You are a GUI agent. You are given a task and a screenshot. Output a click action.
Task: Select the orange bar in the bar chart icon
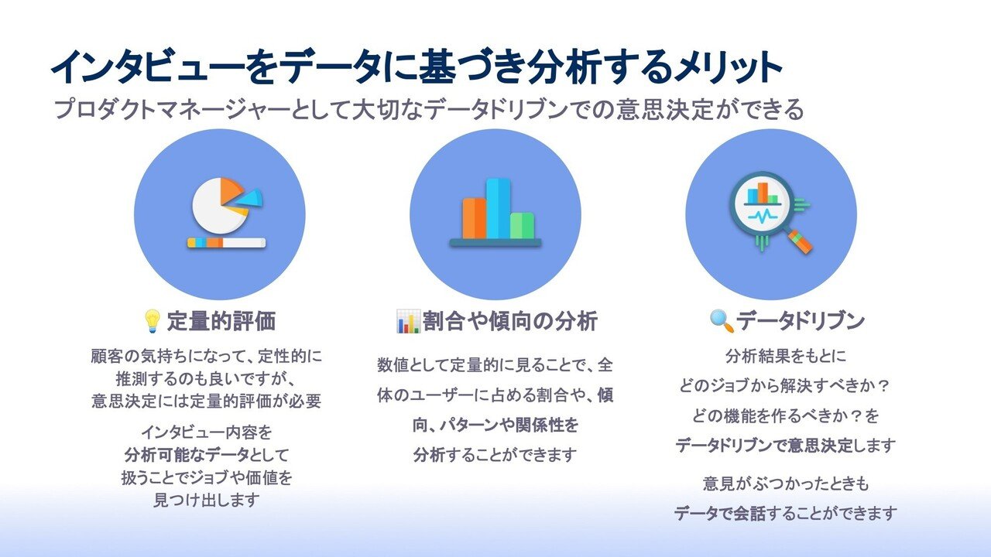tap(474, 217)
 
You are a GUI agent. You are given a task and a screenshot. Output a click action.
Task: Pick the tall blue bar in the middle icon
tap(498, 208)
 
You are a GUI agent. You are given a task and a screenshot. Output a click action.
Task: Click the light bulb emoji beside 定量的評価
tap(153, 320)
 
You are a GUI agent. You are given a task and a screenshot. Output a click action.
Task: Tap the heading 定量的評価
tap(221, 320)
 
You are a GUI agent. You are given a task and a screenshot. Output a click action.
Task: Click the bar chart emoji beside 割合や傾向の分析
tap(407, 320)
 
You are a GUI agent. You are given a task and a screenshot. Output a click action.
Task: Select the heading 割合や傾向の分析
tap(509, 320)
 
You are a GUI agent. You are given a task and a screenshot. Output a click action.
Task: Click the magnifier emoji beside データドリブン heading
tap(721, 320)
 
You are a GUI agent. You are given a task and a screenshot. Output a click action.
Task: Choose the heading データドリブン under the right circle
tap(800, 320)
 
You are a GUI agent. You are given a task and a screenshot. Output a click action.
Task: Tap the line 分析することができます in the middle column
tap(495, 454)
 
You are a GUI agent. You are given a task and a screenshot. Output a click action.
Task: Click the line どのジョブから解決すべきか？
tap(785, 386)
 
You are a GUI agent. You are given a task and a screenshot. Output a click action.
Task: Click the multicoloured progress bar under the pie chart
tap(226, 243)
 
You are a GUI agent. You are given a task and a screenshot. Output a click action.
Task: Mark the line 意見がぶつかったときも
tap(785, 484)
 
